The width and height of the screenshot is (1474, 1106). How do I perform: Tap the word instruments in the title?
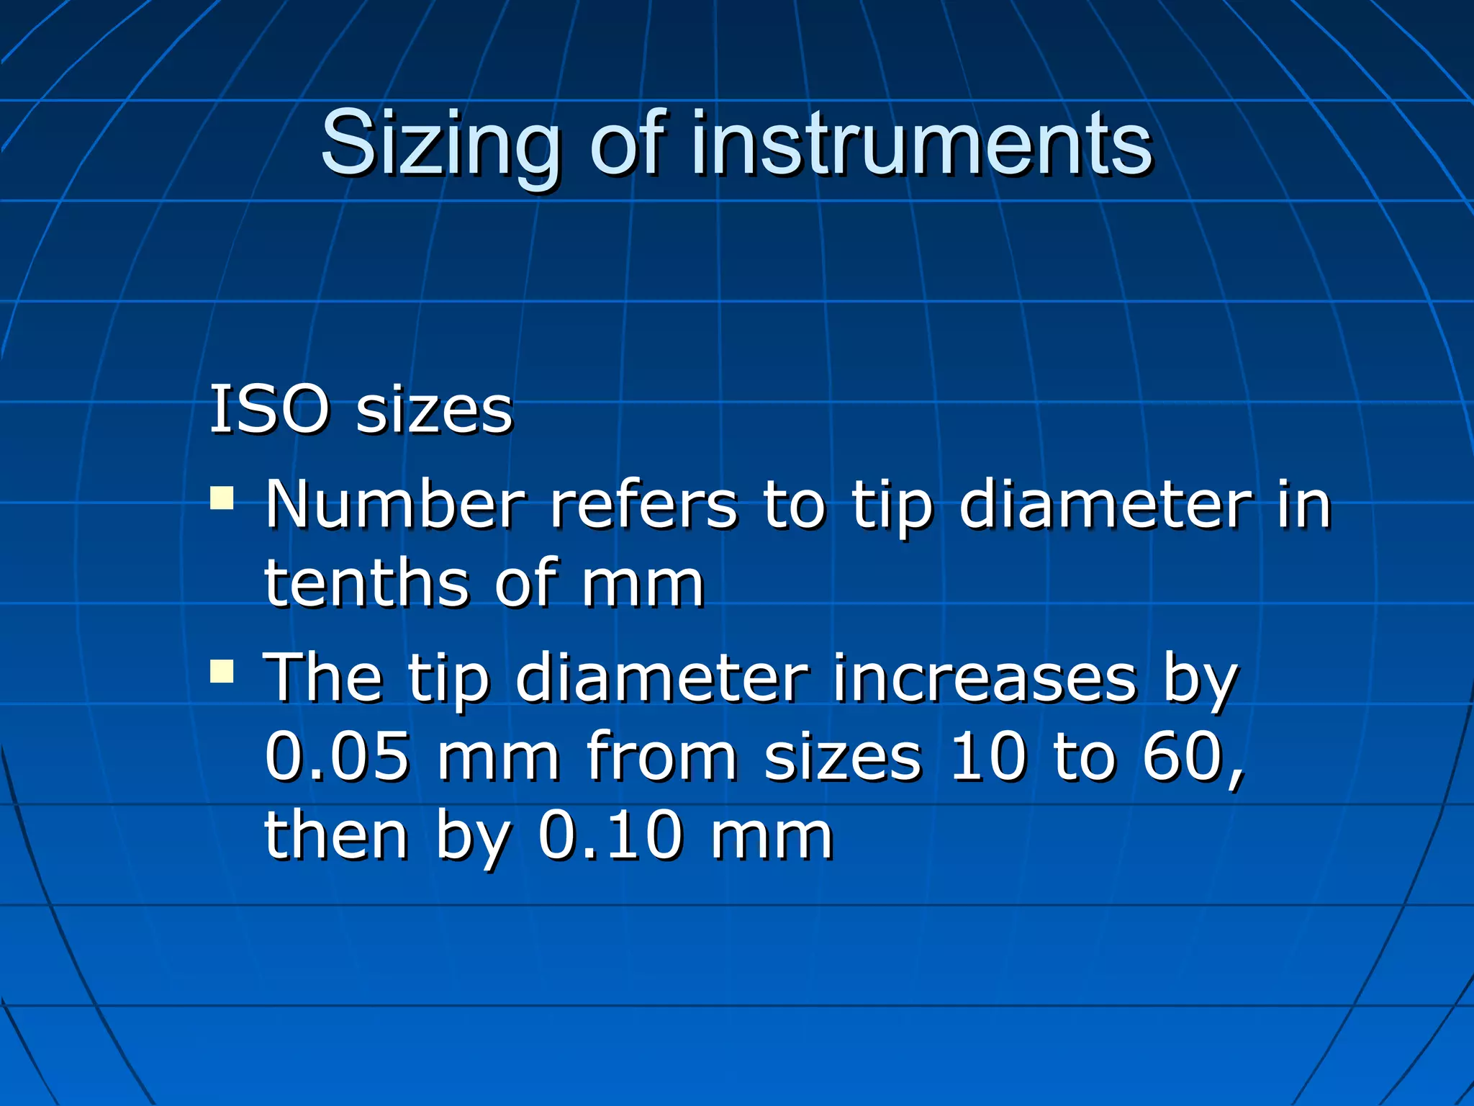coord(922,144)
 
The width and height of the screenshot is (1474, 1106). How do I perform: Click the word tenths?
coord(367,583)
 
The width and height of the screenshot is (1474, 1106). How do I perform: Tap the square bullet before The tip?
coord(222,671)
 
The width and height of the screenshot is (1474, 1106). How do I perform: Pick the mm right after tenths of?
coord(643,583)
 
